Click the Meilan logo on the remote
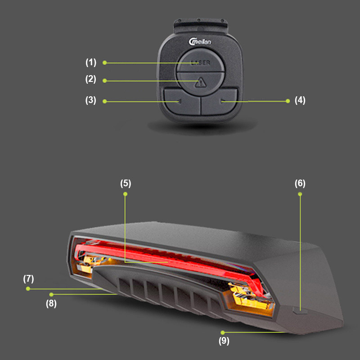(x=199, y=42)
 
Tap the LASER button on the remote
(x=200, y=61)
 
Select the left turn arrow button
(x=182, y=102)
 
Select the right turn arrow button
(x=219, y=102)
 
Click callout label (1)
(x=91, y=63)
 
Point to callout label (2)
(x=91, y=79)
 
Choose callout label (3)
(x=91, y=100)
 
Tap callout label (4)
(x=300, y=100)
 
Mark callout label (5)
(x=126, y=184)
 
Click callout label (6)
(x=300, y=184)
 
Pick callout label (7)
(x=28, y=279)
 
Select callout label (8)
(x=51, y=303)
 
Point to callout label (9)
(x=224, y=341)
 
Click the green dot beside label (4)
(x=288, y=101)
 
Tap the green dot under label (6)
(x=300, y=194)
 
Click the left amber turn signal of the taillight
(x=90, y=264)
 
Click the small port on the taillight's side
(x=300, y=311)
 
